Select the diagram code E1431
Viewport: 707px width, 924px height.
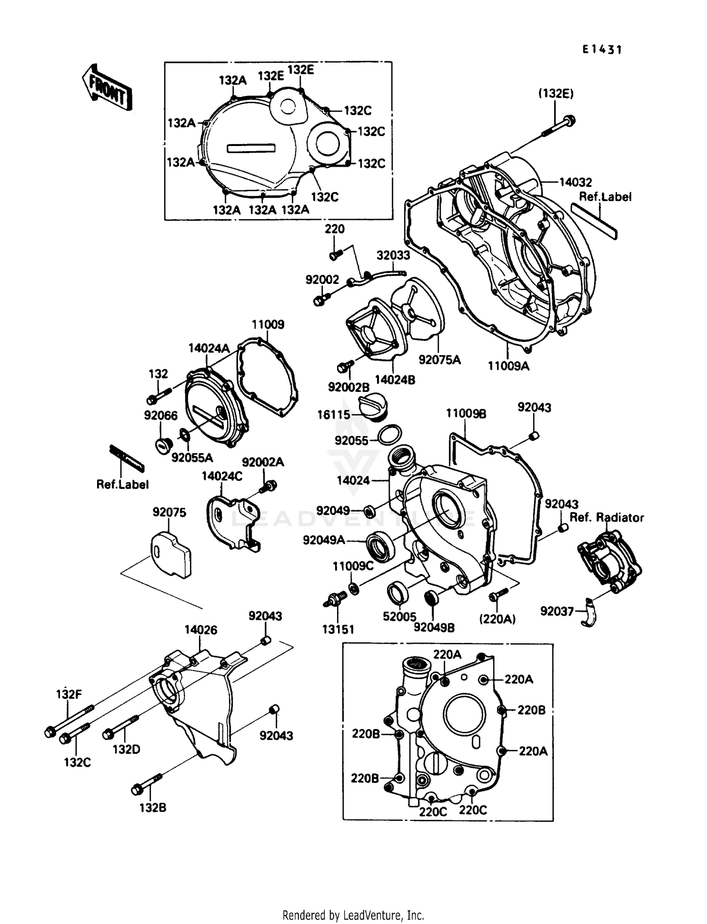pyautogui.click(x=602, y=49)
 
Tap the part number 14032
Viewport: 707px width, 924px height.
pyautogui.click(x=575, y=182)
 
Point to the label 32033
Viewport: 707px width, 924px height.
pyautogui.click(x=393, y=255)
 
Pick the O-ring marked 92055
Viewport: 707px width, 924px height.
pyautogui.click(x=390, y=434)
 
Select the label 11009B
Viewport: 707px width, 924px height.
pyautogui.click(x=466, y=413)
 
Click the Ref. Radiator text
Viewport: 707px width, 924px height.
pyautogui.click(x=607, y=518)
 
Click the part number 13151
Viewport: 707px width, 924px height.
pyautogui.click(x=338, y=629)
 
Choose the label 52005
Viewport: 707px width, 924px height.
pyautogui.click(x=399, y=616)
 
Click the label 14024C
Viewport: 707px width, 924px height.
pyautogui.click(x=222, y=476)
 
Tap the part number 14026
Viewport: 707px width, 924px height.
pyautogui.click(x=201, y=630)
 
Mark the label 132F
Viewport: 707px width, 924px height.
pyautogui.click(x=69, y=694)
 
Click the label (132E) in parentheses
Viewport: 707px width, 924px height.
pyautogui.click(x=556, y=94)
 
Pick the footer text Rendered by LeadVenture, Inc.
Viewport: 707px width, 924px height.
pyautogui.click(x=353, y=915)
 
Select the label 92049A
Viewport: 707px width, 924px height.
pyautogui.click(x=324, y=540)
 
